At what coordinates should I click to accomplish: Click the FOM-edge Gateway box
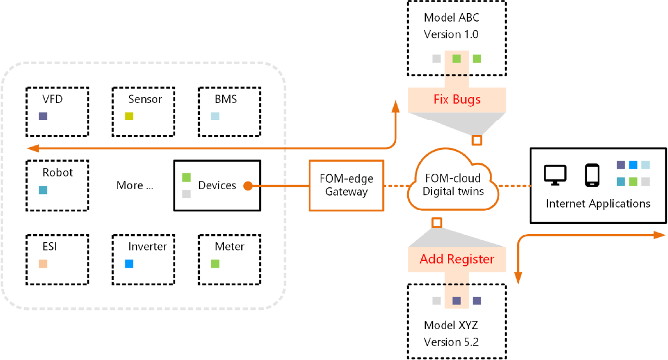347,185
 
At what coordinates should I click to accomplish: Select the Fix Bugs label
457,100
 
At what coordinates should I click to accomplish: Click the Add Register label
457,259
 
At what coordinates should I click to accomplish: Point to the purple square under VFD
43,116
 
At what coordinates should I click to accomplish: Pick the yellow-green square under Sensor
129,116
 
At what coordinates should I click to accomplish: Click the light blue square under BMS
215,116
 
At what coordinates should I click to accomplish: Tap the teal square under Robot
43,190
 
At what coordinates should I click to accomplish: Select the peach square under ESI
43,264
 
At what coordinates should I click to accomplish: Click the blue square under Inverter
129,264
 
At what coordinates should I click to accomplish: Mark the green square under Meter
215,264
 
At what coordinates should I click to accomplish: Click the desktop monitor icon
555,174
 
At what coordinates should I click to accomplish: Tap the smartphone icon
592,175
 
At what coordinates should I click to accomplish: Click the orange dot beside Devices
247,186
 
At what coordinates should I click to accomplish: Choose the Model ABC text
451,17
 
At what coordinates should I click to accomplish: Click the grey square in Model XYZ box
436,301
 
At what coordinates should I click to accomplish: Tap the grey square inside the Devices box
186,194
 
